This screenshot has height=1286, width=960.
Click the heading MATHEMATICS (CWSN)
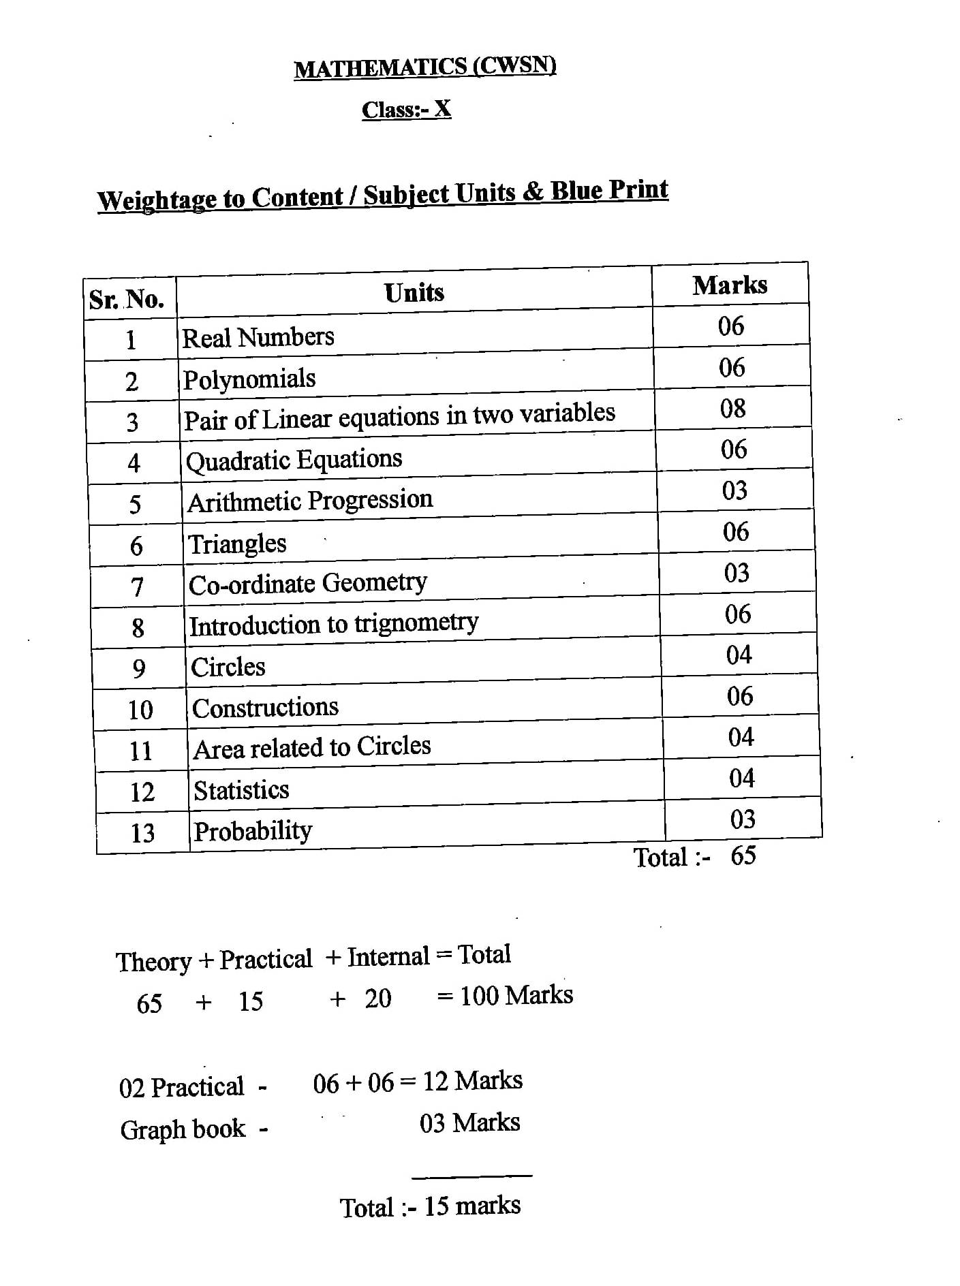[425, 67]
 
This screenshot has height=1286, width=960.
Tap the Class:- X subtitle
[406, 109]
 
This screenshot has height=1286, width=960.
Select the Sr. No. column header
[127, 299]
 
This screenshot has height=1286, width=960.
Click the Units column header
[414, 293]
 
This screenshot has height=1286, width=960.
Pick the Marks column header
[730, 285]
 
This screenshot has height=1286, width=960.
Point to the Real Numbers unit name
[258, 337]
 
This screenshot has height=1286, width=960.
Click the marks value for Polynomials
[732, 368]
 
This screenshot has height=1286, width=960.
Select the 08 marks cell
[732, 409]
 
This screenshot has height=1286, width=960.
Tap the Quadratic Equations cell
[294, 460]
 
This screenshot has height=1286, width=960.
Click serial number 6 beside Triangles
[136, 546]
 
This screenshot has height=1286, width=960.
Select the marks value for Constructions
[739, 696]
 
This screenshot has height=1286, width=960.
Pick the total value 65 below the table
[743, 856]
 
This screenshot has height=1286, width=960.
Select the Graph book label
[183, 1129]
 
